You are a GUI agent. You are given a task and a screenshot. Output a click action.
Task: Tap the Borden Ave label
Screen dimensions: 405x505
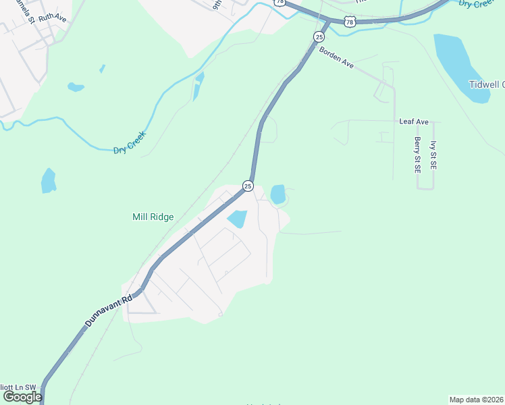[336, 57]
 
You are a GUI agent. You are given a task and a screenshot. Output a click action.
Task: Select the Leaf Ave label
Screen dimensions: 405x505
[414, 122]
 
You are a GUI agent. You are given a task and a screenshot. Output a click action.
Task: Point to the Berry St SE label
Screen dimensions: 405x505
[418, 155]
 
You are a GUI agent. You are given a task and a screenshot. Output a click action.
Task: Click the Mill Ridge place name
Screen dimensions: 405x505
[153, 217]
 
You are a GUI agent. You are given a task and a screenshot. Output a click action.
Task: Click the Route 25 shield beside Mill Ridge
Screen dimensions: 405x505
[248, 186]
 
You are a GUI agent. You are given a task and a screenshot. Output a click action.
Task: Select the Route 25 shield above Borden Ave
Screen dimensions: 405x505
[319, 36]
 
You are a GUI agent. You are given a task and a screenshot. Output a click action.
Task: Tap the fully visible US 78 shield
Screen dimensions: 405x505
[349, 22]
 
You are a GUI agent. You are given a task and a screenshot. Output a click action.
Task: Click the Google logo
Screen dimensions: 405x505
[22, 397]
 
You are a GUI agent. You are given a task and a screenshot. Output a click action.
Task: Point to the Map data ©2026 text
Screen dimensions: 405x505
[477, 399]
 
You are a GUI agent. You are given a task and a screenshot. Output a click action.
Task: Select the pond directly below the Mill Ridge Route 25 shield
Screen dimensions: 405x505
[237, 219]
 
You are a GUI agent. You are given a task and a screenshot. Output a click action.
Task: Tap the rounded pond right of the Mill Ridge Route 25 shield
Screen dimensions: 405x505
[277, 194]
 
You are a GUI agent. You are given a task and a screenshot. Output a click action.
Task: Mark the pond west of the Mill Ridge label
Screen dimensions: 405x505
[48, 180]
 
